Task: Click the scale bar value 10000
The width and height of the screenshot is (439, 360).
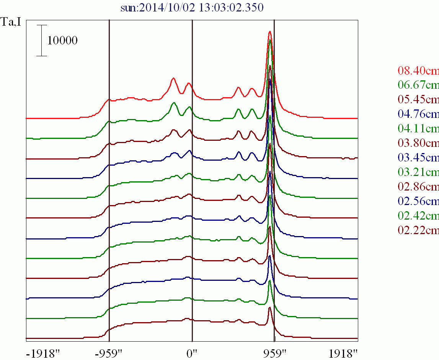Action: pos(62,40)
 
